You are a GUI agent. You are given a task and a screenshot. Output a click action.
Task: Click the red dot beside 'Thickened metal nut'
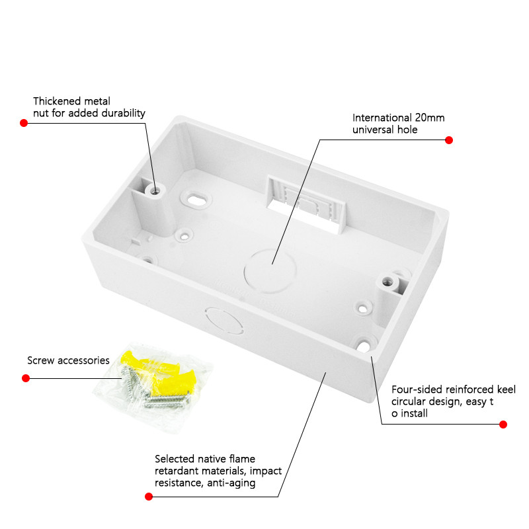[x=24, y=123]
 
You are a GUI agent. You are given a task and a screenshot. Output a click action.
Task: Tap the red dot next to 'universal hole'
[x=449, y=140]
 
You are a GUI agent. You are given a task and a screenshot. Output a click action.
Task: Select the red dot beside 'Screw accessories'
[x=26, y=378]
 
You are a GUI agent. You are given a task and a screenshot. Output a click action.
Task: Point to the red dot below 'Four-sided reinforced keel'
[x=503, y=424]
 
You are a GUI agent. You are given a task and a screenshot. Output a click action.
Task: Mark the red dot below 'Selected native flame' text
[x=146, y=495]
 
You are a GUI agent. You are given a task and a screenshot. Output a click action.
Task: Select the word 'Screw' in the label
[x=41, y=361]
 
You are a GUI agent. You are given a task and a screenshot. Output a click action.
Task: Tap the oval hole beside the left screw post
[x=196, y=198]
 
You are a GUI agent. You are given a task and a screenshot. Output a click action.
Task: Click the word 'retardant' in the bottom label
[x=178, y=471]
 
